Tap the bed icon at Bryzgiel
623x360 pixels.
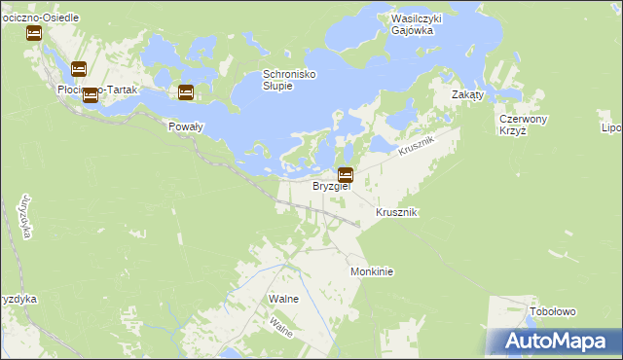tap(345, 175)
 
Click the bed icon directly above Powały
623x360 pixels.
tap(185, 92)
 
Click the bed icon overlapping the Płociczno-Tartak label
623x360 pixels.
tap(91, 94)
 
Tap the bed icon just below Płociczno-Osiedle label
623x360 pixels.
tap(34, 32)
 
